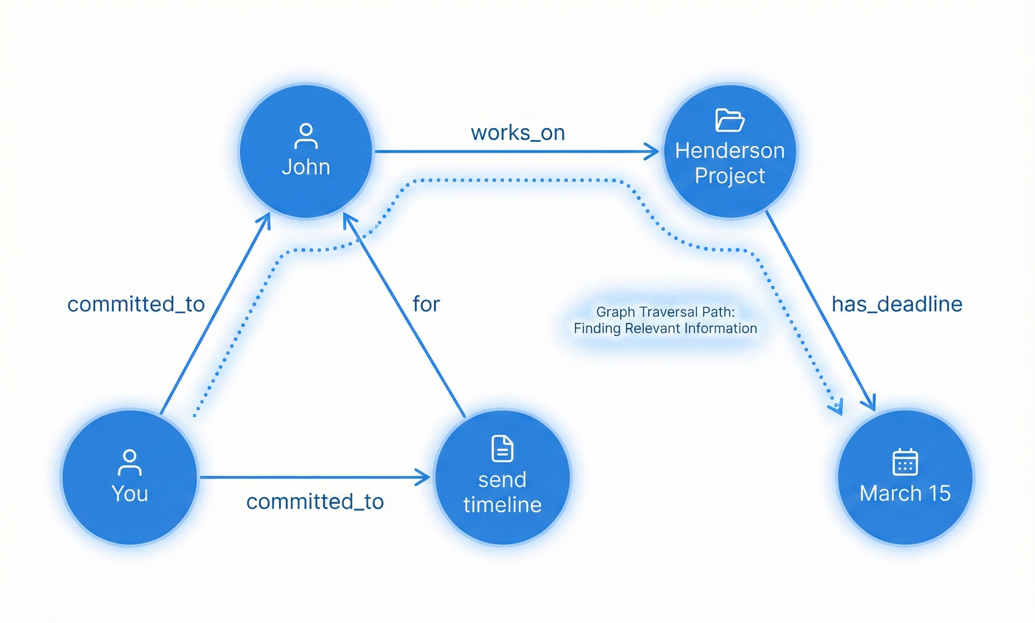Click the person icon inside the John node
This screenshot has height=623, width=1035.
[x=306, y=136]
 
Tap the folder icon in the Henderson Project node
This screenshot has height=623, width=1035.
[x=729, y=120]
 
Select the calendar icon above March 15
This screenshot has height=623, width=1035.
[x=905, y=462]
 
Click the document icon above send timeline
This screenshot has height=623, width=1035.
[x=502, y=449]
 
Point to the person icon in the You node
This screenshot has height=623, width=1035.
[x=129, y=462]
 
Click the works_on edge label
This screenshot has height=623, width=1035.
[x=517, y=133]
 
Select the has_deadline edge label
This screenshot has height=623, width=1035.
[x=897, y=304]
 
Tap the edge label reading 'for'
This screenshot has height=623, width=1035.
[x=426, y=304]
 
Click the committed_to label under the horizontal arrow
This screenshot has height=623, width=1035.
[x=314, y=502]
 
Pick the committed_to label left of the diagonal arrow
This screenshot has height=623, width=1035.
[x=136, y=304]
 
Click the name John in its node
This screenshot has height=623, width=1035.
[x=306, y=167]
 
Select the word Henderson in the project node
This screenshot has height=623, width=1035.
[x=729, y=151]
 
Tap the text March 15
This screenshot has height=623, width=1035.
[x=905, y=493]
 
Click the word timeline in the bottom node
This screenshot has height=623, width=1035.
[x=502, y=505]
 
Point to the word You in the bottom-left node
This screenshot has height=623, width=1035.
[x=129, y=493]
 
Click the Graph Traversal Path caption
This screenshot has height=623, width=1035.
[x=665, y=320]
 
